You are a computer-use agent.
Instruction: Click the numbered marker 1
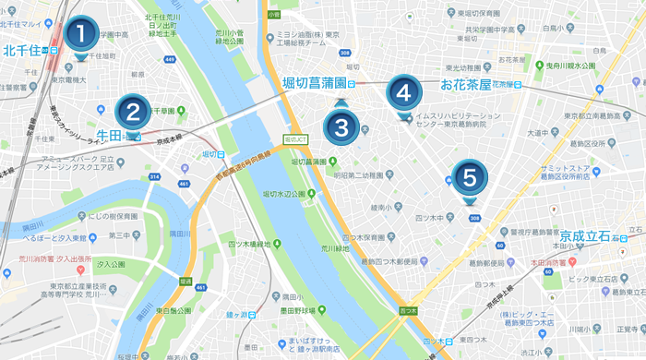(x=79, y=35)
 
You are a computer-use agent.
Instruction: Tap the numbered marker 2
(x=133, y=114)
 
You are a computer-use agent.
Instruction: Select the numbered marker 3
(x=341, y=124)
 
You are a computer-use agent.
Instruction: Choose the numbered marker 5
(x=470, y=175)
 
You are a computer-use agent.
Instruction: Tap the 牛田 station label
(x=109, y=136)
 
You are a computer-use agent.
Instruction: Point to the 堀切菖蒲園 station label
(x=314, y=83)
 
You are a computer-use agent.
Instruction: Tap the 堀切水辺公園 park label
(x=284, y=194)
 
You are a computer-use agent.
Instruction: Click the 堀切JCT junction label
(x=294, y=138)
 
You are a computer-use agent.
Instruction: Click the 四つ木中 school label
(x=435, y=218)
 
